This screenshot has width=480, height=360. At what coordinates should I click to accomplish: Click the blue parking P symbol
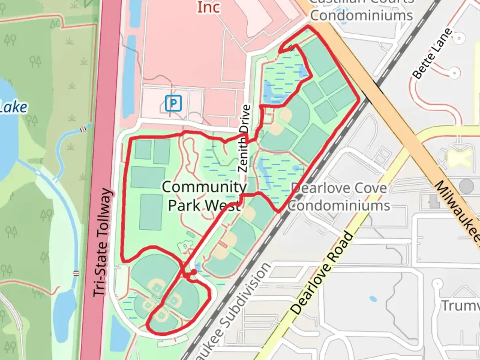click(173, 103)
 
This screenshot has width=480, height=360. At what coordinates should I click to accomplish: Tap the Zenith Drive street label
click(244, 138)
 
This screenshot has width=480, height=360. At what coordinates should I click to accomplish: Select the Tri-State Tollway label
click(102, 243)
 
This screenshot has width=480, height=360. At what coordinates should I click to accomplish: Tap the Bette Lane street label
click(432, 54)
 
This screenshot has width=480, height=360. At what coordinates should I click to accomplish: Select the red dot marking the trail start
click(193, 272)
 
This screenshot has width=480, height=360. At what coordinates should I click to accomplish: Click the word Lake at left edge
click(13, 107)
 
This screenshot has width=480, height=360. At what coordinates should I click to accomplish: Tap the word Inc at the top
click(209, 7)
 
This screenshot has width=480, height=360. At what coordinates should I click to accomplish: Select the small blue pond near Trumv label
click(373, 299)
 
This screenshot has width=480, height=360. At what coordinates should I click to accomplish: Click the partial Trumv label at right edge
click(461, 305)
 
